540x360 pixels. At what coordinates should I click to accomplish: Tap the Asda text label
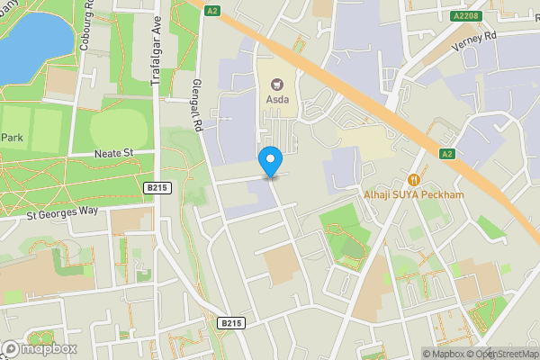pos(277,100)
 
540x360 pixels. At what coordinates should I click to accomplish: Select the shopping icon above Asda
pos(277,85)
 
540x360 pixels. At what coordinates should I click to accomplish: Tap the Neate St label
pos(114,154)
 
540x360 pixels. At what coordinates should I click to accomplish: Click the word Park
pos(12,138)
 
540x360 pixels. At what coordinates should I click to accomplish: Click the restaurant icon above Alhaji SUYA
pos(414,179)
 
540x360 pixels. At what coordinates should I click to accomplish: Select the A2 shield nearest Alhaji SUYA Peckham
pos(446,154)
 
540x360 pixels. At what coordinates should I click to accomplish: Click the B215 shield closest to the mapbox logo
pos(231,322)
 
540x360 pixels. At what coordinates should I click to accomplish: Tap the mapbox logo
pos(40,348)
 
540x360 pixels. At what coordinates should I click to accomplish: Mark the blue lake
pos(31,36)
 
